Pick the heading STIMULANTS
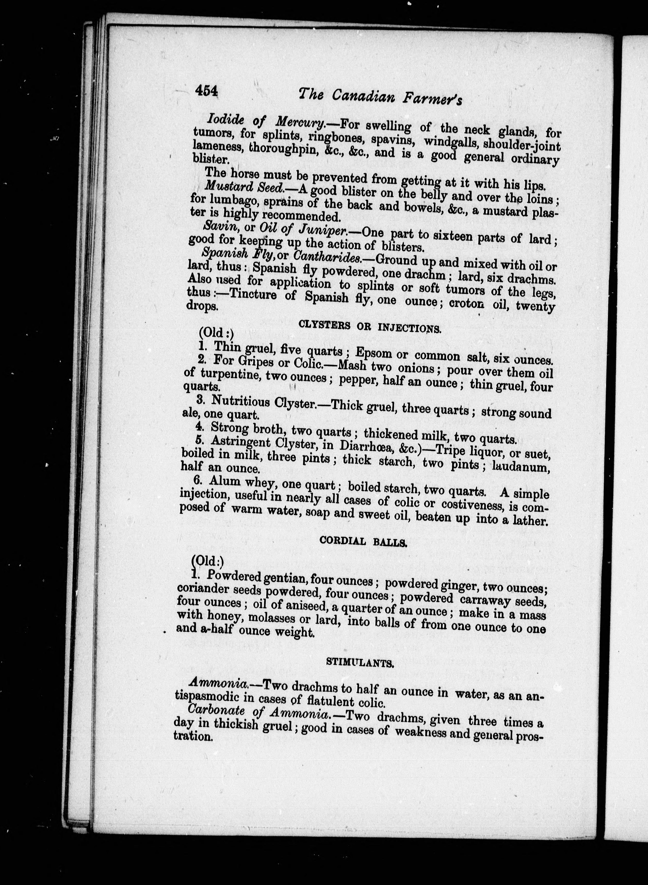(x=360, y=663)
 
